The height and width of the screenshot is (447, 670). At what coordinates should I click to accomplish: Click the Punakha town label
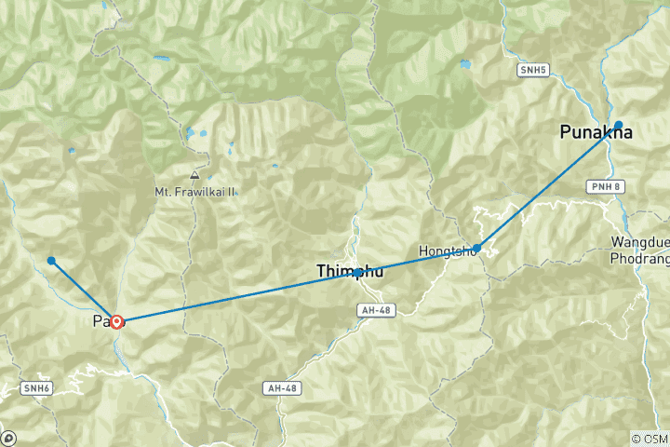(596, 133)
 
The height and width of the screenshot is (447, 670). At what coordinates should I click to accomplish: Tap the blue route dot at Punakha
(618, 124)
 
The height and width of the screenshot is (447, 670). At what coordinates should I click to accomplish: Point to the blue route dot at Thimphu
(358, 272)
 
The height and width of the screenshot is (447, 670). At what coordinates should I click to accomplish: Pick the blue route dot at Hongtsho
(476, 248)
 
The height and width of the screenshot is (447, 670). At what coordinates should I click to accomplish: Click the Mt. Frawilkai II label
(195, 192)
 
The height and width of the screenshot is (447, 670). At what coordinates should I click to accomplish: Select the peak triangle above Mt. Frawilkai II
(194, 175)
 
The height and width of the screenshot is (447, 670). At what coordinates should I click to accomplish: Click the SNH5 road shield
(530, 69)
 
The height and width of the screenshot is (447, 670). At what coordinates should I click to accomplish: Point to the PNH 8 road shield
(605, 187)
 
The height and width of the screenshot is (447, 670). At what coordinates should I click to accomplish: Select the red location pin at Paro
(117, 322)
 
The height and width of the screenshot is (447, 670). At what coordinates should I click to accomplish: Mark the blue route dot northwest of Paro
(51, 261)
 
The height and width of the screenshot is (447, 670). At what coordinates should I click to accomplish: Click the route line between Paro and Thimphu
(237, 297)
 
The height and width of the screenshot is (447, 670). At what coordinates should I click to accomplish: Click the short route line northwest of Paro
(82, 290)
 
